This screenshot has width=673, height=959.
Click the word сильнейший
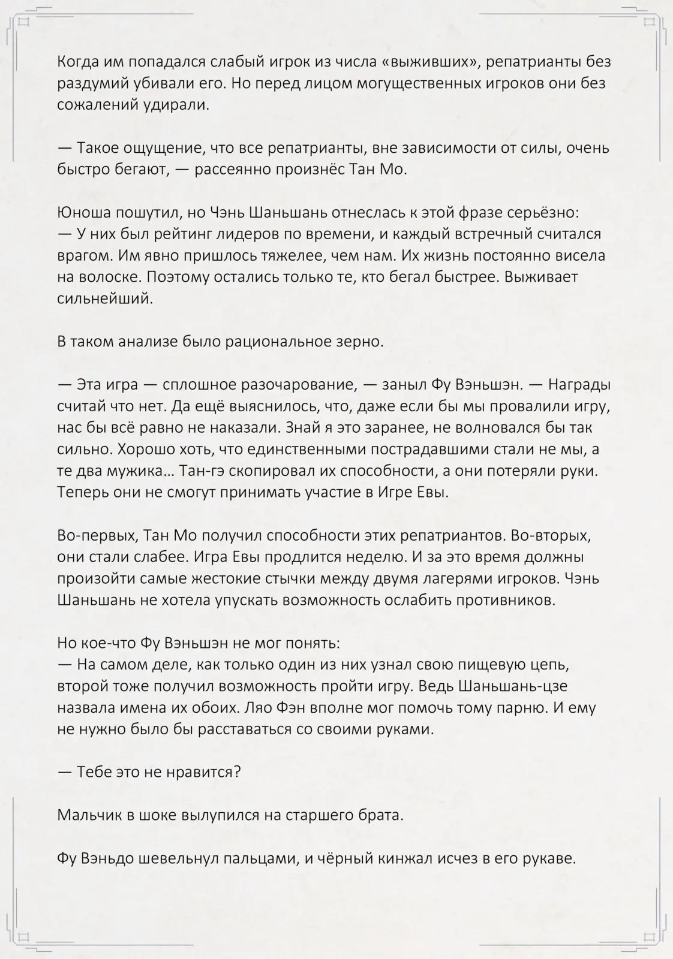click(105, 298)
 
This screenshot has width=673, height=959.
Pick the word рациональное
click(275, 342)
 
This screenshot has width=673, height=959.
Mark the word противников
click(505, 600)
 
